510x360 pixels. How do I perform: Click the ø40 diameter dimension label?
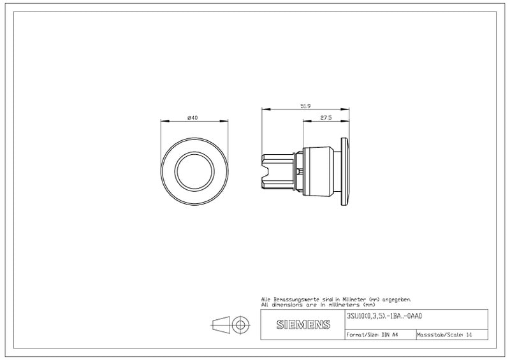(193, 118)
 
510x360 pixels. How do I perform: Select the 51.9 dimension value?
(305, 106)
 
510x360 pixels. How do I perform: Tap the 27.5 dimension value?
(326, 118)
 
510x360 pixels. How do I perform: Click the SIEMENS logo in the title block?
(303, 324)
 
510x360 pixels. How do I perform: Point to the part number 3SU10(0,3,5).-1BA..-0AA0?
(384, 316)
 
